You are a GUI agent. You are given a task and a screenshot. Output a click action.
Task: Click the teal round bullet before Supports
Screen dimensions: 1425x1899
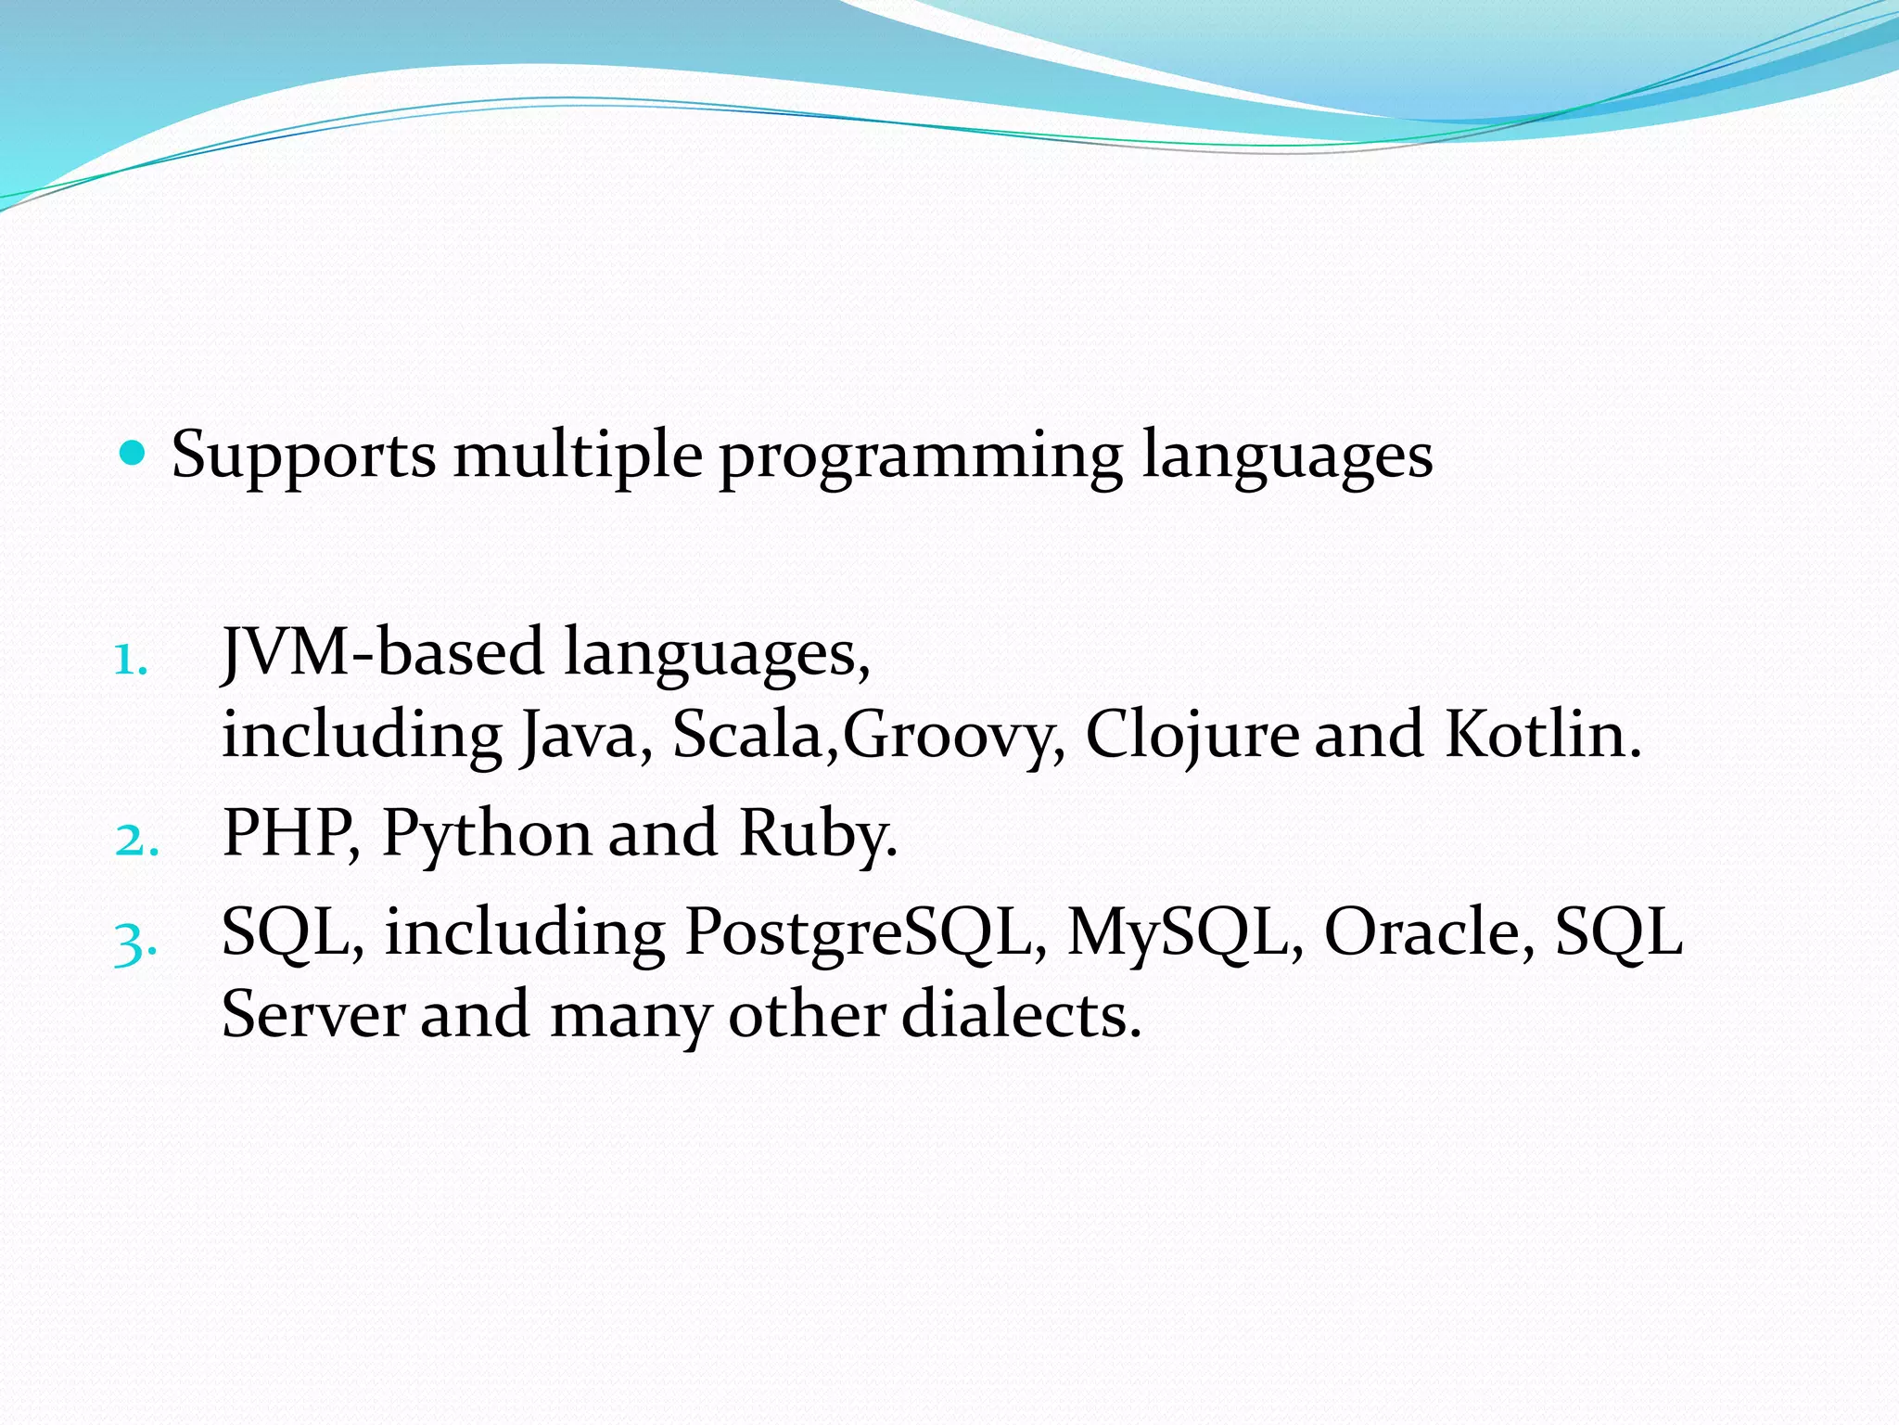(x=134, y=454)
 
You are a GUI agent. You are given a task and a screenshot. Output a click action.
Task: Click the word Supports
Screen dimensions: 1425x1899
(x=303, y=456)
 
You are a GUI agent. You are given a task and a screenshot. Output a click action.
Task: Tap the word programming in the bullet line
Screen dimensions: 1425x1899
(x=921, y=456)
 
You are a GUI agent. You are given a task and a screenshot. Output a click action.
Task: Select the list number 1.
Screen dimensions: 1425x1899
(x=131, y=661)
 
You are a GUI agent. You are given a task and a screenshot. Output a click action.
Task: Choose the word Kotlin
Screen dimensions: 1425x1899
(x=1541, y=736)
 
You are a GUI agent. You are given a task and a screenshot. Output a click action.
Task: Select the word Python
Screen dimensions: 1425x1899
(x=486, y=833)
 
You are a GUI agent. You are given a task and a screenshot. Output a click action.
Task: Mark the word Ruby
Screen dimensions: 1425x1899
(x=816, y=833)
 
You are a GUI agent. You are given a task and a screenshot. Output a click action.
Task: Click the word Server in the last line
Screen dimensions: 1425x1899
(x=313, y=1015)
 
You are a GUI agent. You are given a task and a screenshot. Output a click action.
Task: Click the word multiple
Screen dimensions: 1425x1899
(x=578, y=456)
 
